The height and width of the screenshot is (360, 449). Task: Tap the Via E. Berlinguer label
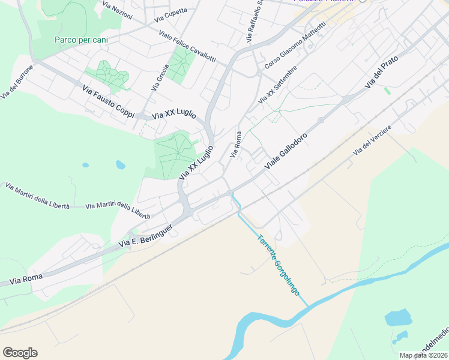point(146,236)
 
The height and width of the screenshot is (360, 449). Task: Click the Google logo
point(20,353)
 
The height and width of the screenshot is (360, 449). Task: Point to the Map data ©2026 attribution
point(423,355)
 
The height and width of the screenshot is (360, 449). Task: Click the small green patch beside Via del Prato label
point(388,91)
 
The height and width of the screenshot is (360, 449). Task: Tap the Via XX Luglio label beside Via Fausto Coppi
point(174,115)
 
